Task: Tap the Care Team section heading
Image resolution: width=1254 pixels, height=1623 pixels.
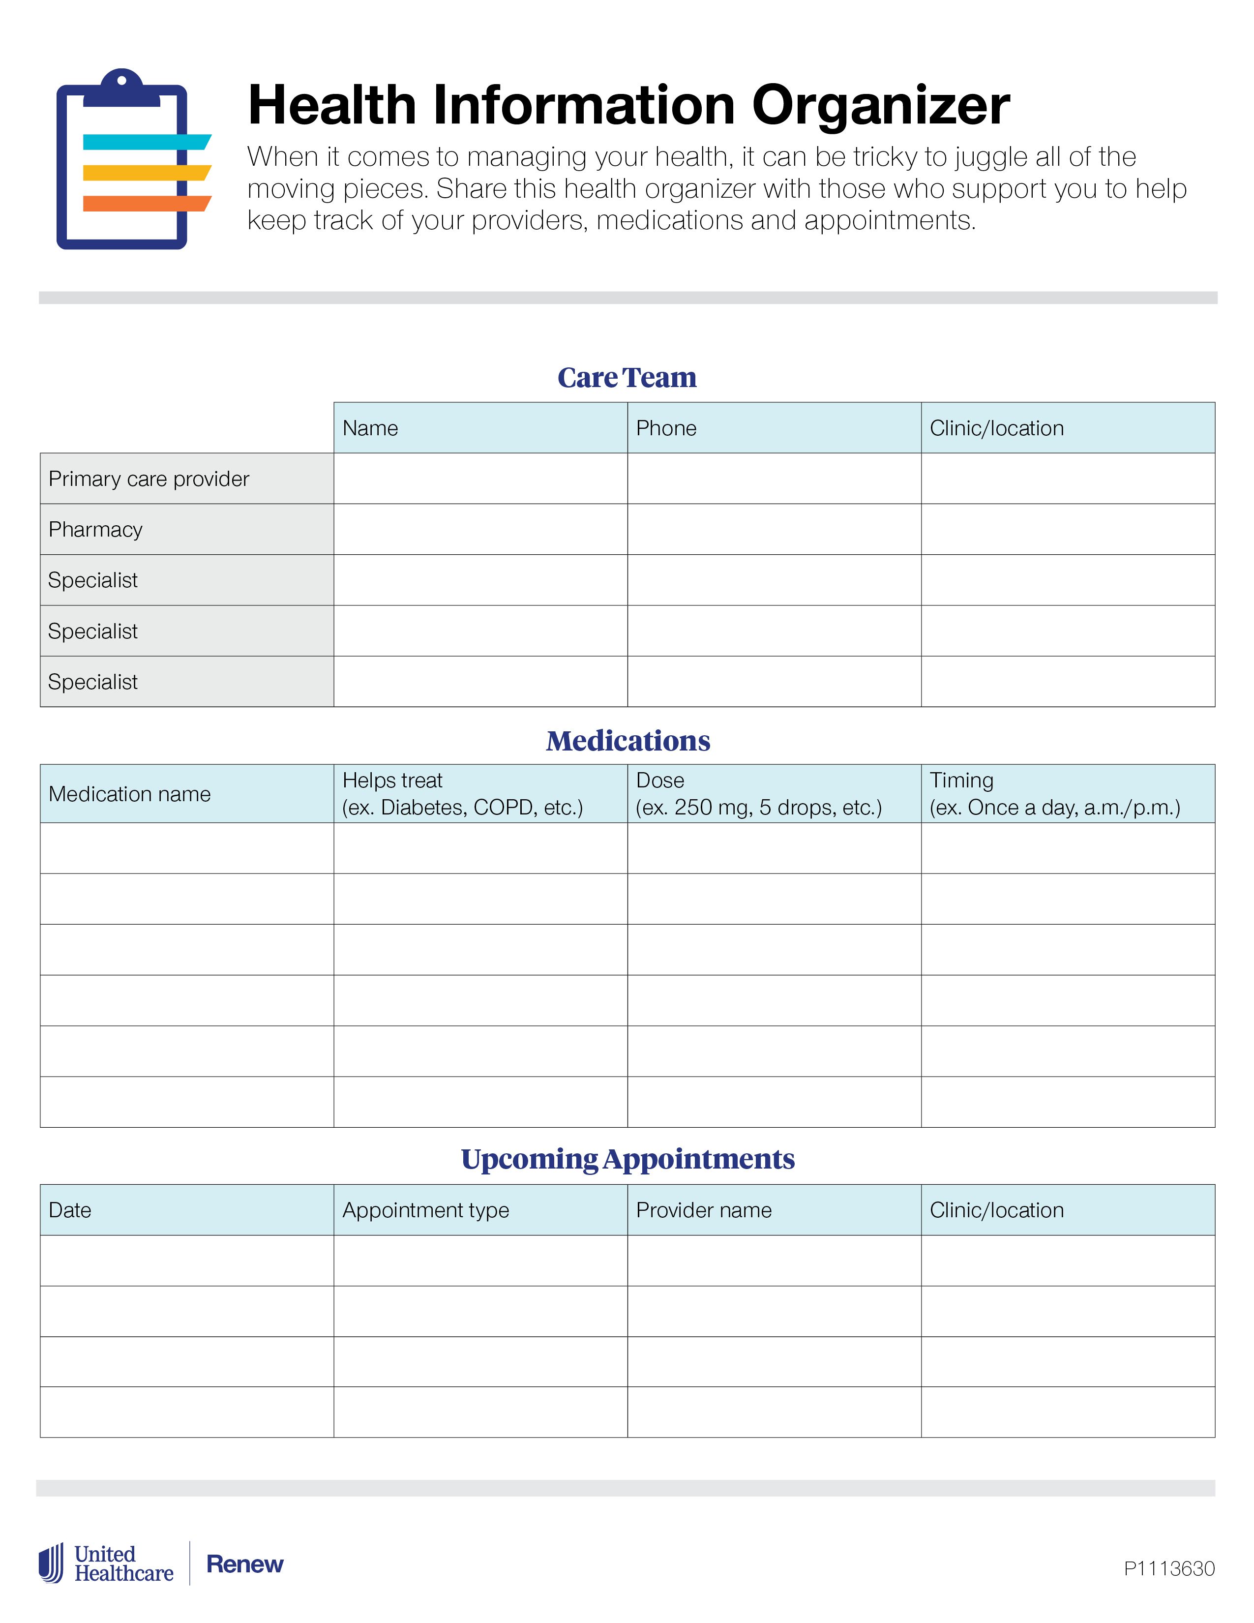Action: click(627, 378)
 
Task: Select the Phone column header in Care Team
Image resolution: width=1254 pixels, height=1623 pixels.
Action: click(666, 428)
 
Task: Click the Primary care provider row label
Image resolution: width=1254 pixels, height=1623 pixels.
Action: click(149, 479)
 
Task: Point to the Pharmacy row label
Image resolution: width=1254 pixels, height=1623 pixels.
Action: click(95, 529)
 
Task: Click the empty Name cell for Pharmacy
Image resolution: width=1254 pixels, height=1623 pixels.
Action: click(480, 529)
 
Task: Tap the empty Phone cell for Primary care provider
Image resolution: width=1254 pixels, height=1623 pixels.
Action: click(774, 479)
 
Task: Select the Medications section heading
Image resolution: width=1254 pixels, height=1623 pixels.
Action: click(628, 741)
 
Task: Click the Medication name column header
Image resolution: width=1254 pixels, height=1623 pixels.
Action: click(129, 794)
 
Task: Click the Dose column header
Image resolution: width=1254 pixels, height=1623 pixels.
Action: click(659, 781)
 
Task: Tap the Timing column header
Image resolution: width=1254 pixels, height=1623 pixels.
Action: click(961, 781)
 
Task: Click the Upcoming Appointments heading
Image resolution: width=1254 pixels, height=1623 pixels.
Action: click(628, 1159)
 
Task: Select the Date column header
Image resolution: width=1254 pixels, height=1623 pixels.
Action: click(70, 1210)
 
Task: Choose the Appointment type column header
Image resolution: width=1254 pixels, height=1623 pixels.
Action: click(426, 1210)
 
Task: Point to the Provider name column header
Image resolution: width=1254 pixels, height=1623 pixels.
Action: click(704, 1210)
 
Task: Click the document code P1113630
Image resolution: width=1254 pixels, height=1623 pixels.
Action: click(1168, 1568)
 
